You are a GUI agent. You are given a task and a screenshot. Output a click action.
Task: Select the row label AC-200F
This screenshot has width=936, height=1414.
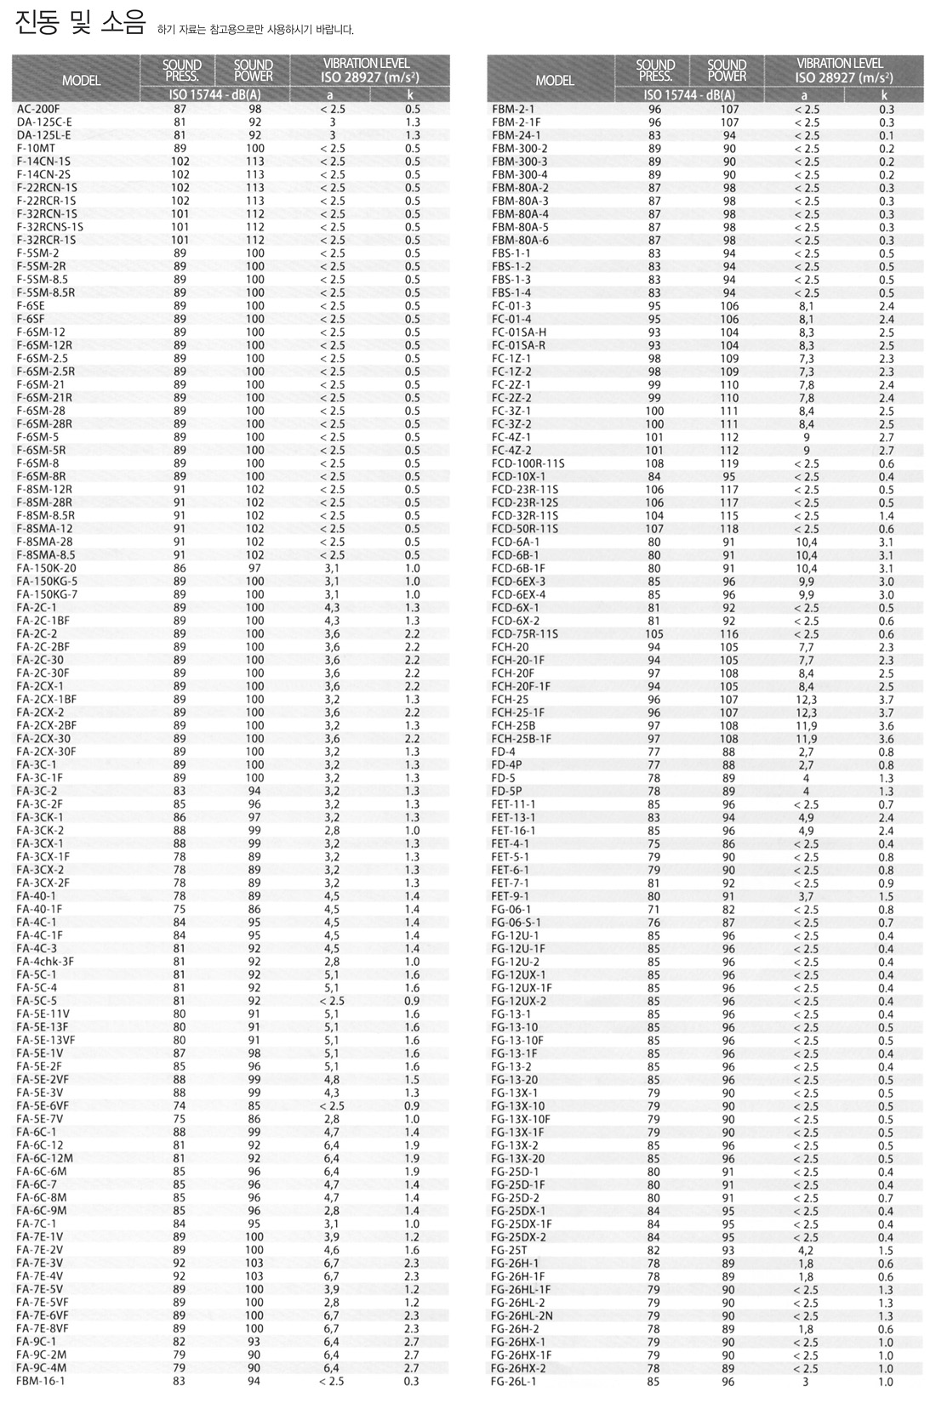[x=38, y=109]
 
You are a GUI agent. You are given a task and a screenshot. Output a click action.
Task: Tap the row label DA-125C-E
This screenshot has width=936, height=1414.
[x=44, y=122]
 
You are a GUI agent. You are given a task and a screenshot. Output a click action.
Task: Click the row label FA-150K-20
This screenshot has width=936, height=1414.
[x=46, y=569]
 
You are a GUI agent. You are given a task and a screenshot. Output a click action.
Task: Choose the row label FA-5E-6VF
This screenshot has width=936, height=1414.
[x=43, y=1106]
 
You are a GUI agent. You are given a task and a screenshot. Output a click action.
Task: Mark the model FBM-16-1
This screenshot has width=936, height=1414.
[x=40, y=1382]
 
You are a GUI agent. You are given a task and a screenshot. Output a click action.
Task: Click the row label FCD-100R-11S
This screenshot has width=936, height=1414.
[x=528, y=464]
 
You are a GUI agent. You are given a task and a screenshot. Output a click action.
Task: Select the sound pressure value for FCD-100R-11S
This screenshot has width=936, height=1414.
[x=654, y=464]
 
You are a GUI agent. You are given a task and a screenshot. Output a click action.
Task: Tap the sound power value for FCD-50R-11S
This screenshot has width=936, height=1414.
[x=729, y=529]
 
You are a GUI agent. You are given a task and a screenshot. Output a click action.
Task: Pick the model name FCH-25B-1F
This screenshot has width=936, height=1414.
[x=521, y=739]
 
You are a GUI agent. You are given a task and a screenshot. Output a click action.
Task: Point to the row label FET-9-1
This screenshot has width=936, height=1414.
[x=510, y=896]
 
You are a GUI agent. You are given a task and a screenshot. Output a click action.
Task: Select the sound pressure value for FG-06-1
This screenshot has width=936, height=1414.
[x=654, y=910]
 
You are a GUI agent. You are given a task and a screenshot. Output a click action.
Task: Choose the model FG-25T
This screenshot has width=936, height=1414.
[x=509, y=1251]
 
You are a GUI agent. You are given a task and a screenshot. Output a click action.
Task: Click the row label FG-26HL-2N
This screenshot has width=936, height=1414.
[x=522, y=1316]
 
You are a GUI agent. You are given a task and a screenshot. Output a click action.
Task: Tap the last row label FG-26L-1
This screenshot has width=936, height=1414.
[x=513, y=1382]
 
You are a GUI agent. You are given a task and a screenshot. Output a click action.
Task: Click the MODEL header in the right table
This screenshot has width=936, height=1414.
[x=555, y=81]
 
